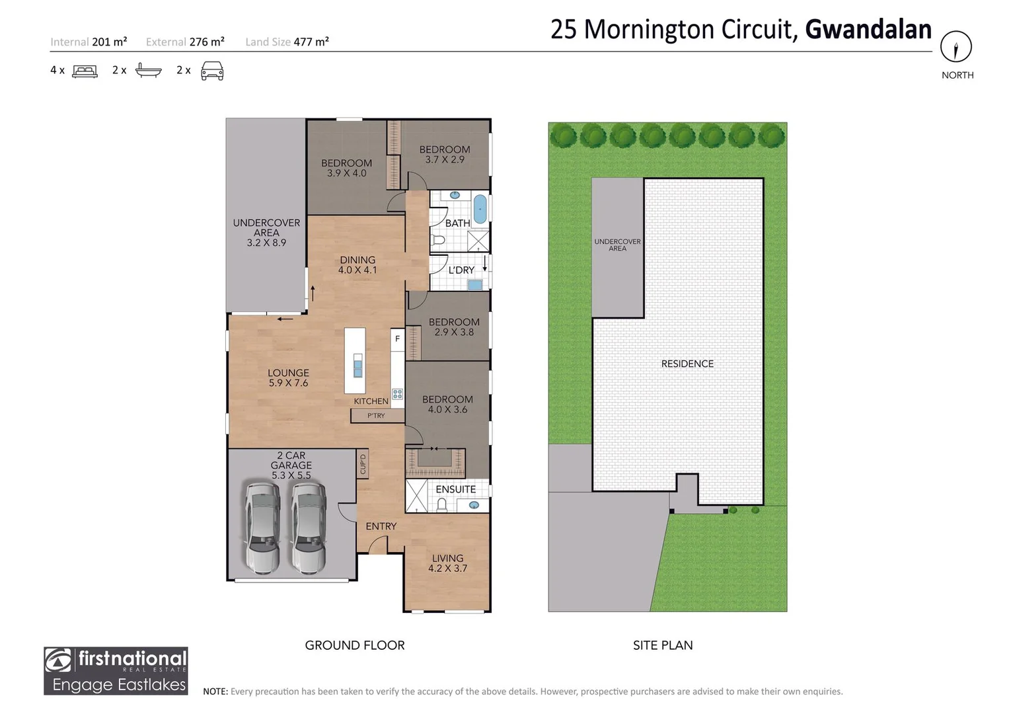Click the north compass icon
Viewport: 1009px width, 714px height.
(956, 47)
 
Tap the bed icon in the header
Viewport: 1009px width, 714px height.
(85, 71)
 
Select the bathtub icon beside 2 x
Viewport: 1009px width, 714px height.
(148, 70)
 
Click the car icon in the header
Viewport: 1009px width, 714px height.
(212, 71)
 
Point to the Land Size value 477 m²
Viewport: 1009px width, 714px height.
(311, 42)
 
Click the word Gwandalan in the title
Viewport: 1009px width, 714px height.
(868, 30)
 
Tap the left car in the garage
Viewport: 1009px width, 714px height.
(262, 527)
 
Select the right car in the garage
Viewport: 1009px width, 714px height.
(309, 527)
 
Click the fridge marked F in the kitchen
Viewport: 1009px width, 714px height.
(397, 338)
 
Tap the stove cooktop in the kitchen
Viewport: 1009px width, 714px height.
(397, 394)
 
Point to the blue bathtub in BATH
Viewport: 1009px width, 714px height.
(480, 209)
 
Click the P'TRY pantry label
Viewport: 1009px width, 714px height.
(376, 416)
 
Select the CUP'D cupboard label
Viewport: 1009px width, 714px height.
(363, 464)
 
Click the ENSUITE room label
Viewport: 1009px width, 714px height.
(455, 489)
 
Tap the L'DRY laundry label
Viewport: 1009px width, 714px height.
(461, 270)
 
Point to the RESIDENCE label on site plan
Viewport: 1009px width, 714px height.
(687, 364)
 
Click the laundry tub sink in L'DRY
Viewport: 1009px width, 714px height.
(474, 285)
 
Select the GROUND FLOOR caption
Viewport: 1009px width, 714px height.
(355, 645)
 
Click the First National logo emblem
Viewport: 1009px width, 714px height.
(59, 660)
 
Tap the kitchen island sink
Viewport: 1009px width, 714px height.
(357, 366)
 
